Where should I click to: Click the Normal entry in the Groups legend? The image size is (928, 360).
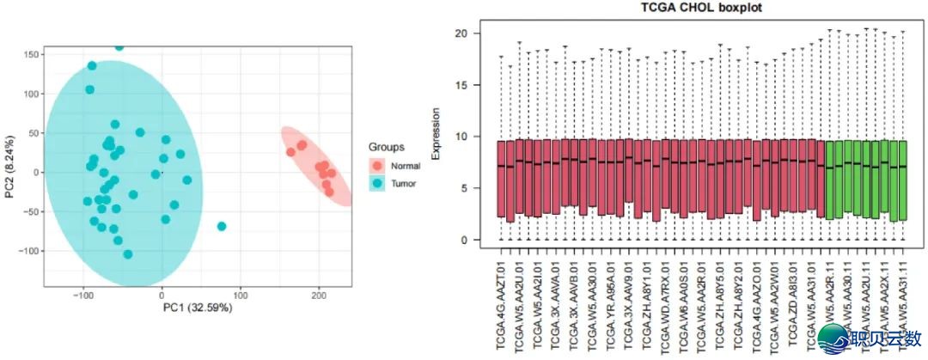point(404,165)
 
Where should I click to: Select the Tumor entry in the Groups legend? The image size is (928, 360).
point(402,184)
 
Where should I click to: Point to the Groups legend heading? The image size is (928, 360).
point(385,147)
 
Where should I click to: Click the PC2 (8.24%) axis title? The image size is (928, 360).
point(9,172)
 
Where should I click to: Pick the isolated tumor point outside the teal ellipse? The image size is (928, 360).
point(222,226)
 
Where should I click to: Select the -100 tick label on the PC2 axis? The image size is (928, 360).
point(29,251)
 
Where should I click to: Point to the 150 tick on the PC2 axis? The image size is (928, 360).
point(32,54)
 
